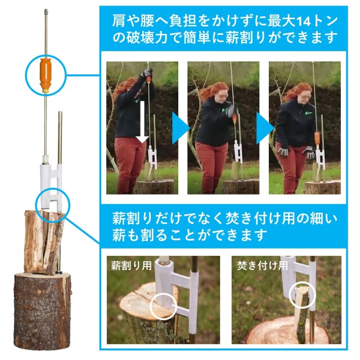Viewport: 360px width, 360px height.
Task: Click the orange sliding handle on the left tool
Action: tap(46, 74)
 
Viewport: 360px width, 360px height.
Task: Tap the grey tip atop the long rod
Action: tap(46, 11)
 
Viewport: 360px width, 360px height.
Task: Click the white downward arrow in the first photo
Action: tap(142, 122)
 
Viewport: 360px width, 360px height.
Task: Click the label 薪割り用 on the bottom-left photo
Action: tap(131, 266)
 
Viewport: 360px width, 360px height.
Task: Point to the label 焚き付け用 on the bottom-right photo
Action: tap(262, 265)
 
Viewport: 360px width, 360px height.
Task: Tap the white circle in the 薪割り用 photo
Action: tap(163, 307)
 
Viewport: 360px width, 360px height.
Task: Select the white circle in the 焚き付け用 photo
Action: tap(302, 295)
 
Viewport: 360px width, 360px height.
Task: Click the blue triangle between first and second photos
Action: tap(181, 128)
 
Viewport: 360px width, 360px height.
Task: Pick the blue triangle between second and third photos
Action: tap(265, 128)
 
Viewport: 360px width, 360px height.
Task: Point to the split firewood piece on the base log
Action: tap(44, 242)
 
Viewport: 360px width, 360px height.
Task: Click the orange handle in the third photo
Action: tap(317, 138)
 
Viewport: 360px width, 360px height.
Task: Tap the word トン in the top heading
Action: tap(325, 21)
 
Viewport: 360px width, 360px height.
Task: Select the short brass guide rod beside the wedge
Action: tap(60, 138)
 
